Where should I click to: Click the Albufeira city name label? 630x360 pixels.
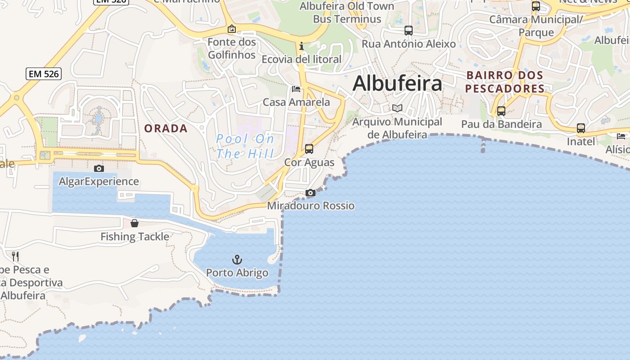tap(397, 84)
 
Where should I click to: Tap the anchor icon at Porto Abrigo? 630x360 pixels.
tap(237, 260)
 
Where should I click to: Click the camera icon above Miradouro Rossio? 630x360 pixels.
tap(310, 193)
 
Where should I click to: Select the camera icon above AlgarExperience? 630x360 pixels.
tap(99, 169)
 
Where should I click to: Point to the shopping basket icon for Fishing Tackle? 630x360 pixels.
tap(135, 223)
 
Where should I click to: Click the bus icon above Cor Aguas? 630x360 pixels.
tap(309, 149)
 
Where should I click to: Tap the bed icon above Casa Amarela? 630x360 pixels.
tap(296, 89)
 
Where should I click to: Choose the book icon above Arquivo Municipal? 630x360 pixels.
tap(397, 108)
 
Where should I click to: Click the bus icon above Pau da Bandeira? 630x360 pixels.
tap(501, 111)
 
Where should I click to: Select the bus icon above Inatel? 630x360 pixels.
tap(581, 128)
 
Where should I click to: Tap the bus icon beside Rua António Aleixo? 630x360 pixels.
tap(408, 31)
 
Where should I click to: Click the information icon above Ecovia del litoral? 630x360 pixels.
tap(301, 46)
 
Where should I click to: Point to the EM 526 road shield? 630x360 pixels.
tap(44, 74)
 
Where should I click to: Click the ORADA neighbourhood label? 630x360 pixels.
tap(166, 129)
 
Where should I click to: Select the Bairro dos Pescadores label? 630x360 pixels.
tap(505, 81)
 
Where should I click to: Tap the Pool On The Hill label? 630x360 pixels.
tap(245, 146)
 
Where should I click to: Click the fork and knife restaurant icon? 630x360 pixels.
tap(15, 256)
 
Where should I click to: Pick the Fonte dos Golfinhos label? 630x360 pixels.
tap(232, 49)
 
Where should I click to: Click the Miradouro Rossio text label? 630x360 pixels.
tap(311, 206)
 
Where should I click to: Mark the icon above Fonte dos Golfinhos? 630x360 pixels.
tap(232, 29)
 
